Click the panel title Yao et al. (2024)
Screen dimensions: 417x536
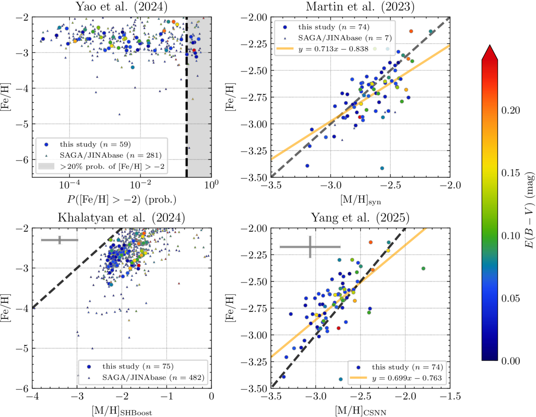121,7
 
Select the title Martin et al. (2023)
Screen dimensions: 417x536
360,7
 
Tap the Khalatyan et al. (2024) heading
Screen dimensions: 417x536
121,218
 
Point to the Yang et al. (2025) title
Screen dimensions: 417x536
360,218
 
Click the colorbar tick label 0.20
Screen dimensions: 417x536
511,110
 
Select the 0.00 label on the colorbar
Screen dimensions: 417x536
511,361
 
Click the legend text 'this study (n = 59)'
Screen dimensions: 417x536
95,144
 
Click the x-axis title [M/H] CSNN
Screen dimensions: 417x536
360,411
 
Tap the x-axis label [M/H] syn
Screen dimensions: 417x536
360,199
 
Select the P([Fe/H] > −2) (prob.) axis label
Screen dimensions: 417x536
121,199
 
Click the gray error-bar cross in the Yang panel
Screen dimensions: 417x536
310,246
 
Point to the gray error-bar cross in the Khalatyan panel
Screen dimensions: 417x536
60,240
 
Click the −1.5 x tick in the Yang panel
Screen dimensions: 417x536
450,397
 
